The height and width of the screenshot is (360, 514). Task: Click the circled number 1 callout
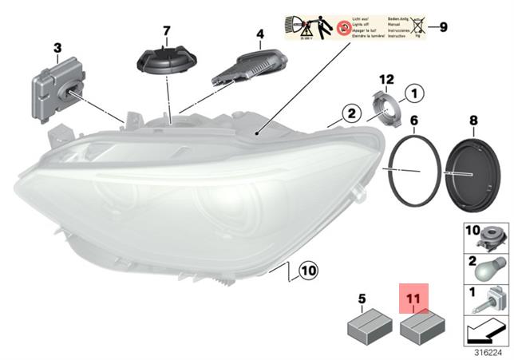tap(413, 95)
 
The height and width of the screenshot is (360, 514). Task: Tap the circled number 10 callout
tap(308, 273)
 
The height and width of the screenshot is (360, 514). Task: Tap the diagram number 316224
tap(482, 352)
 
